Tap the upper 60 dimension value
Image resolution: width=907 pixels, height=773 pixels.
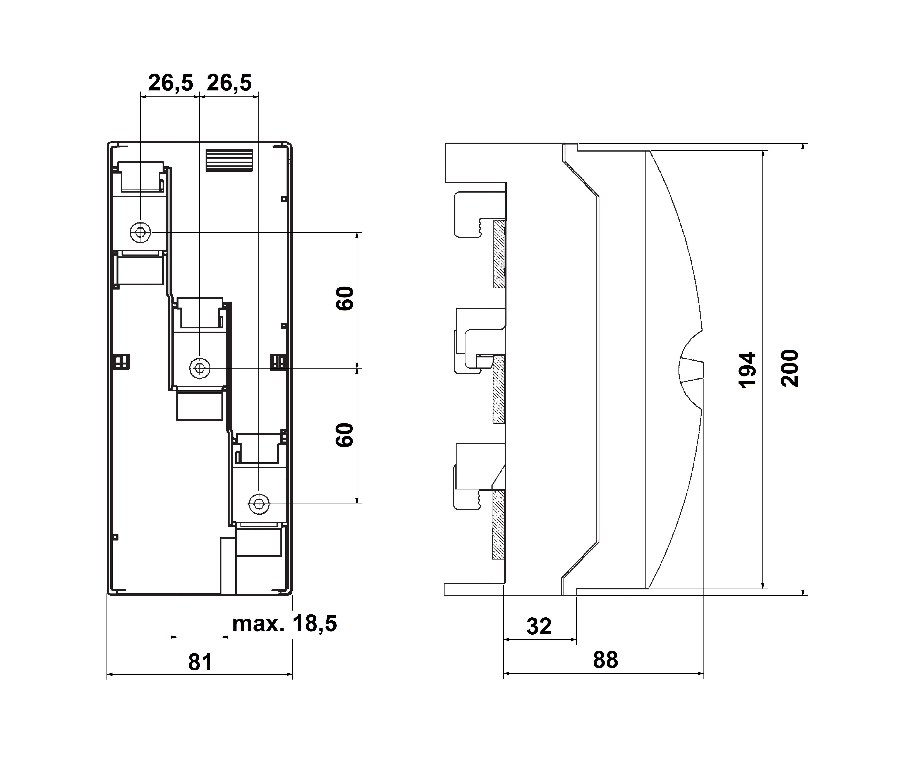click(345, 298)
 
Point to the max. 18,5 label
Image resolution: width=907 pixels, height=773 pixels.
click(284, 624)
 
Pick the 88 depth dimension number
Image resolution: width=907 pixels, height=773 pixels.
click(605, 660)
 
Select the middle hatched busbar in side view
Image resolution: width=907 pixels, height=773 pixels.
click(499, 389)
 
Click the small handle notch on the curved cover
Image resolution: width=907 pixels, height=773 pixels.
click(692, 369)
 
